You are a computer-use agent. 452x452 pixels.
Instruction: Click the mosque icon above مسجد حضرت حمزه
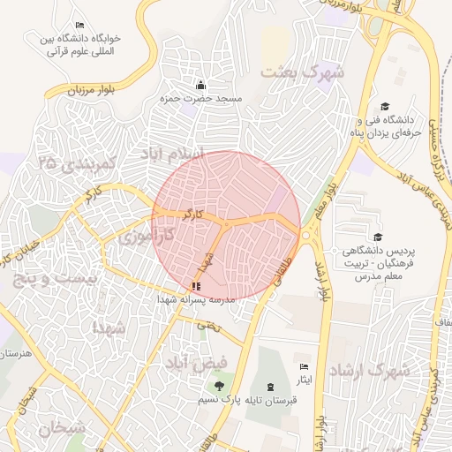coord(200,86)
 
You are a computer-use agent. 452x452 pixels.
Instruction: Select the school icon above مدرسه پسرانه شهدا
coord(196,286)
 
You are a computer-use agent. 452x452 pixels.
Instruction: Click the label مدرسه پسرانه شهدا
coord(196,300)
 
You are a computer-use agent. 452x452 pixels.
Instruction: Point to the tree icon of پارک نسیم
coord(218,386)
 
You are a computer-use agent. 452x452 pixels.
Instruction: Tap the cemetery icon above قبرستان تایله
coord(269,387)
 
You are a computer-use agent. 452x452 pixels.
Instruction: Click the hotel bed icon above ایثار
coord(305,366)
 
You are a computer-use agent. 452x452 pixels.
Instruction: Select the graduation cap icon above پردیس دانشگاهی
coord(379,237)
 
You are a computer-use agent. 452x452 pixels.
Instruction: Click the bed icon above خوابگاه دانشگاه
coord(80,25)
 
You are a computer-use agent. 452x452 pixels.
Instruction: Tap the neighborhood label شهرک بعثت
coord(302,73)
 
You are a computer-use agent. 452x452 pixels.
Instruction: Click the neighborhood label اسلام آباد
coord(172,155)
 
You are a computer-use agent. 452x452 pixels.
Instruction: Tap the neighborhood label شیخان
coord(62,429)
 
